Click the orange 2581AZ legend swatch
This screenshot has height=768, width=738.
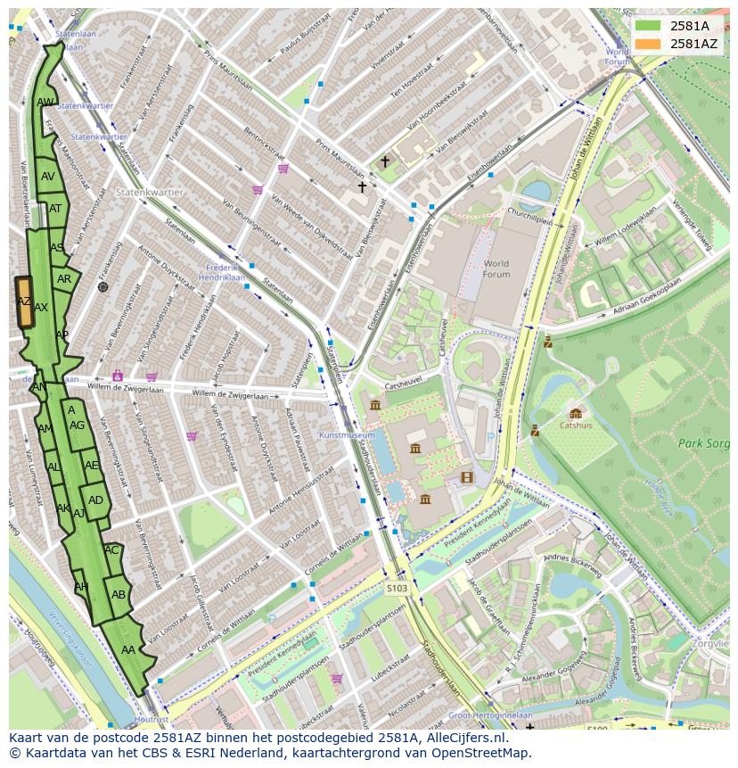648,44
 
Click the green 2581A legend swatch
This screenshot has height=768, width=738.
648,26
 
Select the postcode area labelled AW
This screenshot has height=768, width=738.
45,103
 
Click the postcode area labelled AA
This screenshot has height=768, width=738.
128,650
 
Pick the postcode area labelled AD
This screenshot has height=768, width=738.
96,500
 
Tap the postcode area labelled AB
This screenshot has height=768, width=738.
119,594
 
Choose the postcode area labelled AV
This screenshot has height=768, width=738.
48,177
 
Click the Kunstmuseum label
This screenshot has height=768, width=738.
347,435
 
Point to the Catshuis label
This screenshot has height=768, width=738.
576,425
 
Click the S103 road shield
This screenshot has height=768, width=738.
397,588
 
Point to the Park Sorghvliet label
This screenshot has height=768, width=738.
704,442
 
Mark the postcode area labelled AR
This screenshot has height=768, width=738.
64,279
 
